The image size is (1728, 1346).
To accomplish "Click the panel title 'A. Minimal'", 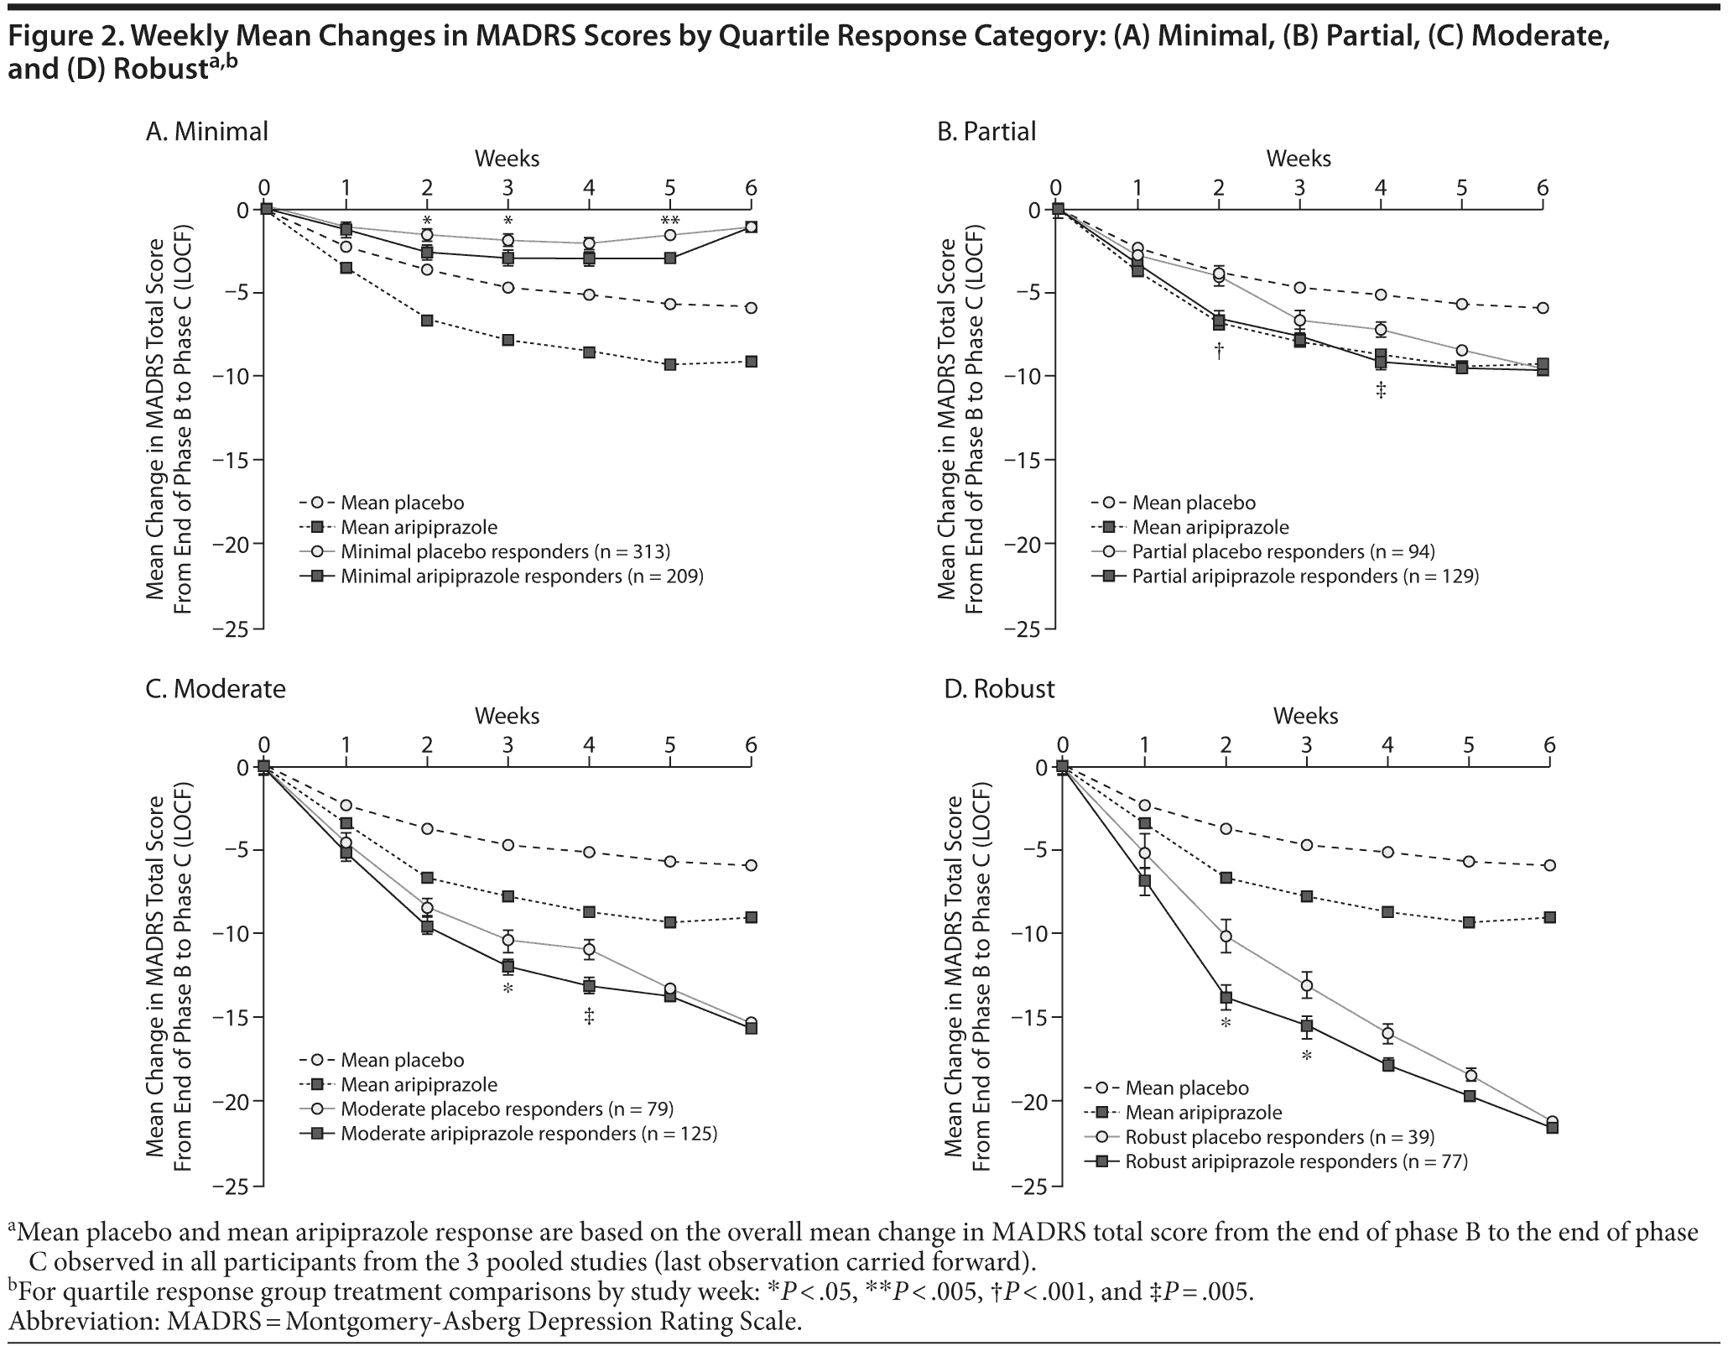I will pos(206,132).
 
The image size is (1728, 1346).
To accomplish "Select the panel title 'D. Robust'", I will pos(999,689).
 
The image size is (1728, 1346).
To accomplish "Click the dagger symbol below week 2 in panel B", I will pos(1219,350).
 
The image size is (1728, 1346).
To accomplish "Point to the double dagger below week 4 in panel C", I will pos(589,1017).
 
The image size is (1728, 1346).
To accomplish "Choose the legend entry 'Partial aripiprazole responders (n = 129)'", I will pos(1305,576).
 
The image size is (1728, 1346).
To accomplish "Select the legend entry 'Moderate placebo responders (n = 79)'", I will pos(507,1109).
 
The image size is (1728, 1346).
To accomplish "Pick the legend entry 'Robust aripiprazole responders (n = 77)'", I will pos(1296,1161).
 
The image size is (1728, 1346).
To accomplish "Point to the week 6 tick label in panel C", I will pos(751,744).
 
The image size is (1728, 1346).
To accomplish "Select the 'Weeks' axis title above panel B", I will pos(1299,158).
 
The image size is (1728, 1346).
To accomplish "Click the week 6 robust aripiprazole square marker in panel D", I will pos(1553,1127).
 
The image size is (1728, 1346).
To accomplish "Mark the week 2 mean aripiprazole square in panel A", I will pos(427,320).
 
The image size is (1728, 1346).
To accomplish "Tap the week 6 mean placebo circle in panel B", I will pos(1543,308).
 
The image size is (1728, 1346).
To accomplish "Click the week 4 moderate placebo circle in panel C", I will pos(589,950).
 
